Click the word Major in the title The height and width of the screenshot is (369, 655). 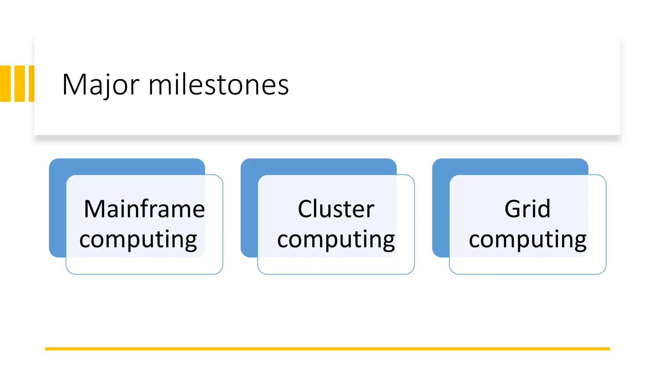(x=100, y=85)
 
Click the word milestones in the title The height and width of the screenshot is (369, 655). (x=219, y=85)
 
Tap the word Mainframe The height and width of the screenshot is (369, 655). (x=144, y=209)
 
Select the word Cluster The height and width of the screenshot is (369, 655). (x=336, y=209)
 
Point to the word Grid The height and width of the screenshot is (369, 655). (x=527, y=209)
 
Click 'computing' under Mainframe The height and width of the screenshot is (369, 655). (x=138, y=240)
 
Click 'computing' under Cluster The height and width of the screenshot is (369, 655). (x=336, y=240)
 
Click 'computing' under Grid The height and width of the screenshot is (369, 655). (x=527, y=240)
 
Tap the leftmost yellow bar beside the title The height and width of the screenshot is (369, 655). (x=5, y=84)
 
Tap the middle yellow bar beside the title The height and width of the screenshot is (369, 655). (x=20, y=84)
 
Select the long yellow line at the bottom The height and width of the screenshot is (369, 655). (x=327, y=349)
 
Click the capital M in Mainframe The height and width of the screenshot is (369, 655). (x=94, y=209)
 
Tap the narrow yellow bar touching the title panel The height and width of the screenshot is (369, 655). (x=31, y=84)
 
